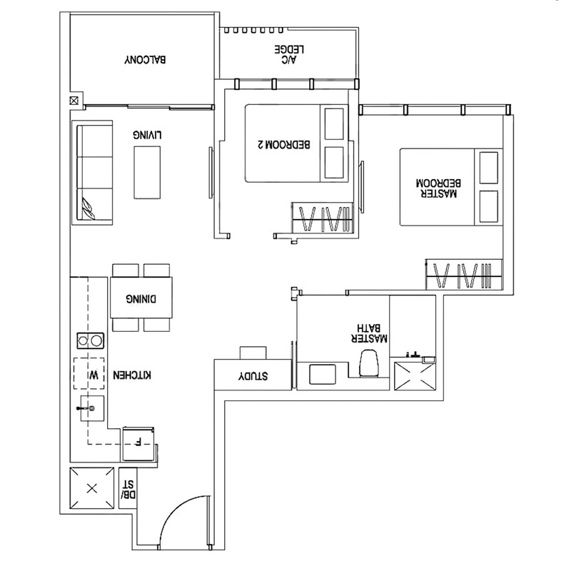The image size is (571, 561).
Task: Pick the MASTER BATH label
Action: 373,331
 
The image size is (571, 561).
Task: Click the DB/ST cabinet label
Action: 129,487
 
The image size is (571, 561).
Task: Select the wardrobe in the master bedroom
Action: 464,273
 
